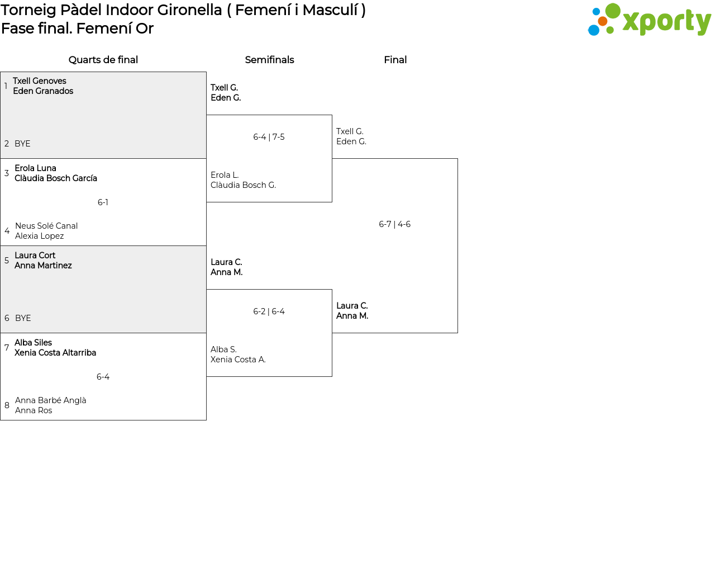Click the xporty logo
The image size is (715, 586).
tap(649, 20)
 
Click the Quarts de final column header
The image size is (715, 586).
tap(103, 60)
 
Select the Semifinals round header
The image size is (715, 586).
tap(269, 60)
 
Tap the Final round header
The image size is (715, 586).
tap(395, 60)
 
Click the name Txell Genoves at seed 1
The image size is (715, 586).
tap(40, 81)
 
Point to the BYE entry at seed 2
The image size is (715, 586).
tap(22, 144)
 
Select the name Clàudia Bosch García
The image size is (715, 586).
tap(56, 178)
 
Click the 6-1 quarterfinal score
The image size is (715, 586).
tap(103, 202)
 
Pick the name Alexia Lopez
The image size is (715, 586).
tap(39, 236)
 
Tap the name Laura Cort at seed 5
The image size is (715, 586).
tap(35, 255)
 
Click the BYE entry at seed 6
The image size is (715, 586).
tap(23, 318)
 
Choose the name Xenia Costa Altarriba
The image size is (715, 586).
tap(55, 352)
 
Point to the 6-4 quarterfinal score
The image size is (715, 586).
tap(103, 377)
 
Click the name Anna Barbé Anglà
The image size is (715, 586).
tap(50, 400)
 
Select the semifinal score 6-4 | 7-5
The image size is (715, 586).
tap(269, 137)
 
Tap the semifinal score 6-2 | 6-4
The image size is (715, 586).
tap(269, 311)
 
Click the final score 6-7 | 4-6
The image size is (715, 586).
tap(394, 224)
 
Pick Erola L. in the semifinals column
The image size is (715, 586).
tap(225, 175)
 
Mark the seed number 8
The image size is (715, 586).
tap(7, 405)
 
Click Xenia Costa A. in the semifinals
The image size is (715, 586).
tap(238, 360)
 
